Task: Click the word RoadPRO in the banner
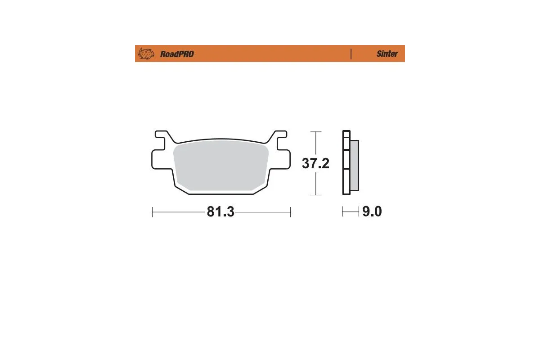(x=177, y=54)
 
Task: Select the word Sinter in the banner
(x=387, y=54)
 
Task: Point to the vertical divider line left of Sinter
(x=351, y=54)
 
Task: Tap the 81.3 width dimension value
(x=220, y=212)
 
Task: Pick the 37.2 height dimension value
(x=315, y=163)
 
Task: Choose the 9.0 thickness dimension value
(x=372, y=211)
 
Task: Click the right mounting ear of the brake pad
(x=280, y=141)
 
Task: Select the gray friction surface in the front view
(x=220, y=164)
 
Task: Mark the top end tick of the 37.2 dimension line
(x=316, y=132)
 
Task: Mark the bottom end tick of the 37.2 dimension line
(x=316, y=195)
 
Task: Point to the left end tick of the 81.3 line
(x=153, y=212)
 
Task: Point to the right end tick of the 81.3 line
(x=290, y=212)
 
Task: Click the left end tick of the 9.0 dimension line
(x=342, y=211)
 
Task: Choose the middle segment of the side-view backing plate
(x=346, y=159)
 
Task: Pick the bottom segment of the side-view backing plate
(x=346, y=181)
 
